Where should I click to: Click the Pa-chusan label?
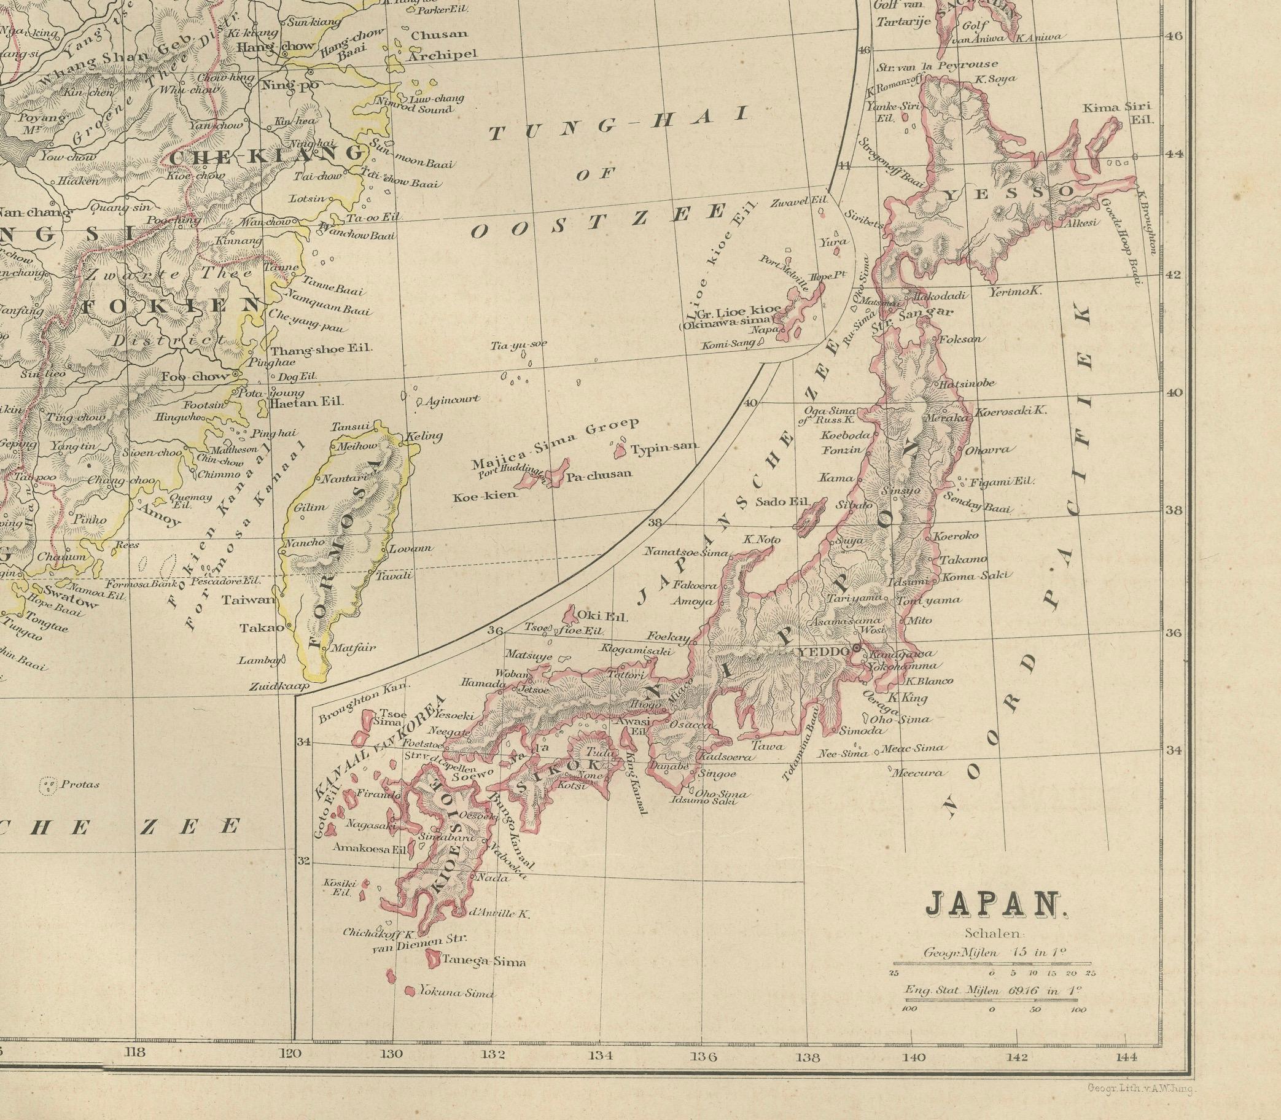click(x=598, y=474)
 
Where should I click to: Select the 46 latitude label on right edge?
click(x=1174, y=36)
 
